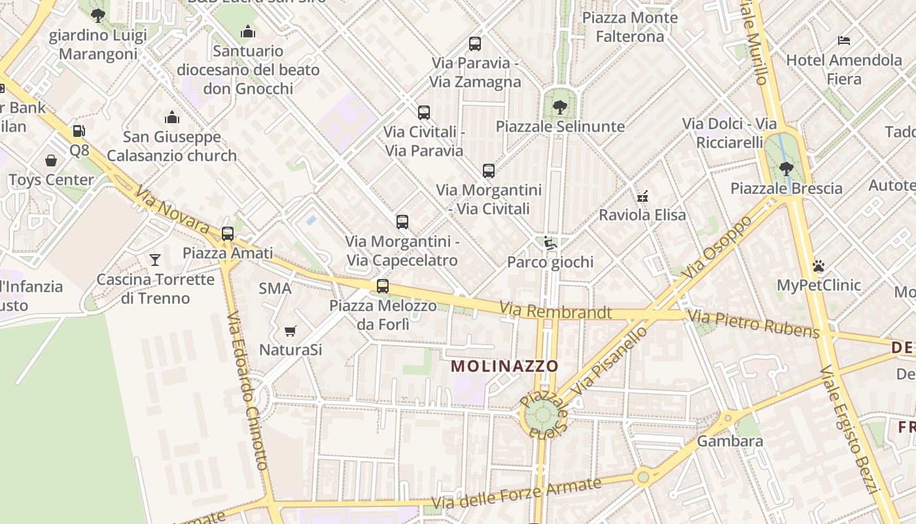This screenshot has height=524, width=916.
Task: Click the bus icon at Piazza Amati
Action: coord(228,233)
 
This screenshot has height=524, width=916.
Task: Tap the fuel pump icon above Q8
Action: coord(79,131)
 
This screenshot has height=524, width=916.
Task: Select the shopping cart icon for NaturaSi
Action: coord(291,331)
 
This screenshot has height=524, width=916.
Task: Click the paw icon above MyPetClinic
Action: coord(819,266)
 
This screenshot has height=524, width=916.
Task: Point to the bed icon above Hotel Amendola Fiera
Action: coord(844,41)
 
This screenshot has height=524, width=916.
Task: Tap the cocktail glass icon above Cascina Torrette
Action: coord(154,260)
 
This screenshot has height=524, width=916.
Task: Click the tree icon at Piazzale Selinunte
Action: coord(559,107)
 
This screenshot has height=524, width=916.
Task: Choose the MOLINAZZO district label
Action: coord(505,366)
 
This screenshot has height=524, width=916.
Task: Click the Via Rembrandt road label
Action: coord(555,311)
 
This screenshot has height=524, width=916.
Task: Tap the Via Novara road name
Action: coord(172,210)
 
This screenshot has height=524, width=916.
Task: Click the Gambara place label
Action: coord(730,441)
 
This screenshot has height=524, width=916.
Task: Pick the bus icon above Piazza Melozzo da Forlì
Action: coord(383,286)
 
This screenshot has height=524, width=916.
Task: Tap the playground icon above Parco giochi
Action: coord(550,243)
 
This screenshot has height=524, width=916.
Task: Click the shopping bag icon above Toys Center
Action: coord(51,160)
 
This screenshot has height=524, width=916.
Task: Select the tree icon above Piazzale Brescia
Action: coord(786,169)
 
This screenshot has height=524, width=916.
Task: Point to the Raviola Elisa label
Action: coord(643,215)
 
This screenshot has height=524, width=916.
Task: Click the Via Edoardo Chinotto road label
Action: coord(248,390)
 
